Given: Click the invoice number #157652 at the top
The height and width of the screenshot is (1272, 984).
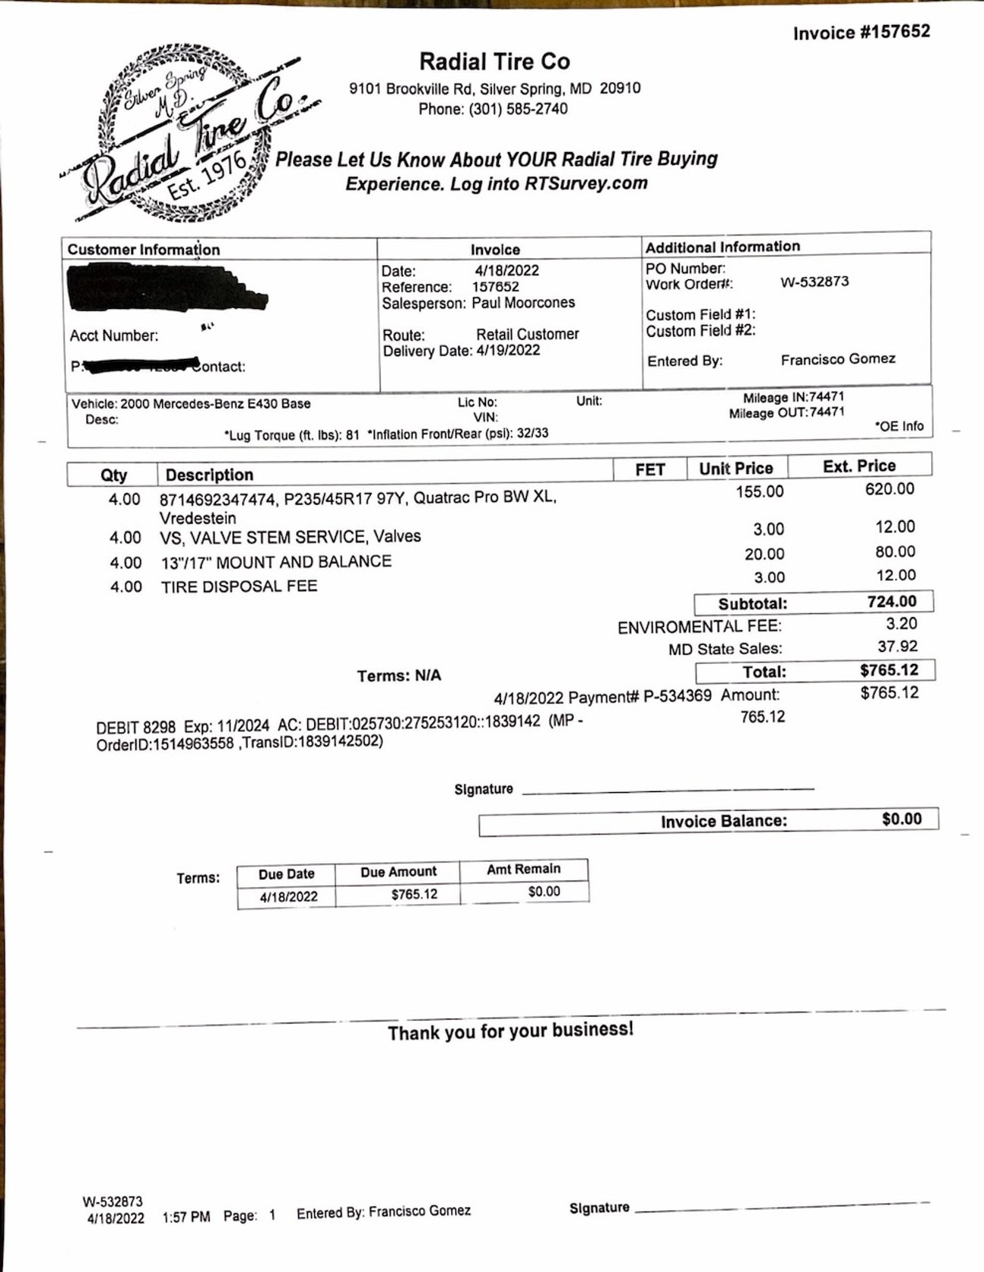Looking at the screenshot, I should [861, 33].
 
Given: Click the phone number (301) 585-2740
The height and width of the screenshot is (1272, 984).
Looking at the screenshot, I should [518, 109].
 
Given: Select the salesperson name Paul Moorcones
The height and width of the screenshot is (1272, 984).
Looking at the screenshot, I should [523, 303].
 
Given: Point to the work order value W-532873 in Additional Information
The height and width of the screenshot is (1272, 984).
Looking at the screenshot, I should [814, 282].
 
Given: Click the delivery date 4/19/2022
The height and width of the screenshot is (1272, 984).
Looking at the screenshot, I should [508, 351].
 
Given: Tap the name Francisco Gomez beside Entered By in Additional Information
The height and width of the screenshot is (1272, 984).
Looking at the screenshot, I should [838, 359].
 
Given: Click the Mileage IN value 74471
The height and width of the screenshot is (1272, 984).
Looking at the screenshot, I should [827, 397].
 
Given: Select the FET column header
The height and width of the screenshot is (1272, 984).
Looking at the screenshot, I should [649, 469].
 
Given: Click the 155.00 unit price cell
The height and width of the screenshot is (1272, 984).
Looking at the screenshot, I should [760, 491].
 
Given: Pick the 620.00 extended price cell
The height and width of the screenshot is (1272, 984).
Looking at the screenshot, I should [889, 489].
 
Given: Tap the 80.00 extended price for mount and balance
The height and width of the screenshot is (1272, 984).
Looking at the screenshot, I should [895, 551].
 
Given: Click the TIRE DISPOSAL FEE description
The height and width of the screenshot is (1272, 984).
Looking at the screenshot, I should [239, 586].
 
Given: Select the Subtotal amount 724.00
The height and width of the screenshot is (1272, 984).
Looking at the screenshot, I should [892, 602].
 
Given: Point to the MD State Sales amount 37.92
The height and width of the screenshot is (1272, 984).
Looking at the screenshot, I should [897, 647].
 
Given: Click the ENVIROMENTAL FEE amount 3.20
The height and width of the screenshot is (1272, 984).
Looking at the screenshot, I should [901, 624].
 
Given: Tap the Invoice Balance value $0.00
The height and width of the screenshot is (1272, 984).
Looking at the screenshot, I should [901, 819].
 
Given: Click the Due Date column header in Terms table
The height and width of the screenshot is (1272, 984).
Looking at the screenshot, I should [286, 874].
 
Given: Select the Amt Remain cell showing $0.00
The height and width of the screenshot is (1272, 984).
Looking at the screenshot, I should [543, 892].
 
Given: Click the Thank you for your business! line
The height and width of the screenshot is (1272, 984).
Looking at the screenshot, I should [510, 1030].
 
